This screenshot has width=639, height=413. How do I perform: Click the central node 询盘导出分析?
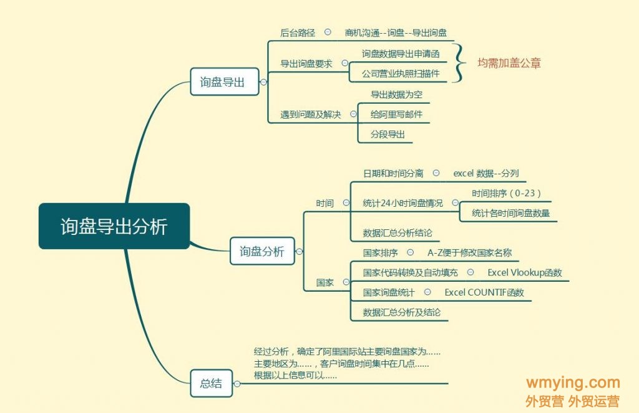point(114,226)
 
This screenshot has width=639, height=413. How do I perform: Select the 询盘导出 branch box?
point(225,82)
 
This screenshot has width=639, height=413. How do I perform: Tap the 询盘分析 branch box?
point(262,252)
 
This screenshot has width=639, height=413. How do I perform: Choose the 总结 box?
point(211,383)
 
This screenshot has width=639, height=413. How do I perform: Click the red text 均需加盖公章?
point(509,63)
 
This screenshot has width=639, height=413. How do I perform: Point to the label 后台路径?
point(298,32)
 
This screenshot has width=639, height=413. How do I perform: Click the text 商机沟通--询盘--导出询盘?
point(396,32)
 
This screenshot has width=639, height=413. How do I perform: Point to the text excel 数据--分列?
point(486,173)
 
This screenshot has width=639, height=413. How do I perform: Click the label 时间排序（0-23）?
point(506,193)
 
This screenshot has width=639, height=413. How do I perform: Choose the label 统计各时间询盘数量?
point(511,213)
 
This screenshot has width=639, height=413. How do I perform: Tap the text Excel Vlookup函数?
point(525,272)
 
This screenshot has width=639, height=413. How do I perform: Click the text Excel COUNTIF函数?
point(484,292)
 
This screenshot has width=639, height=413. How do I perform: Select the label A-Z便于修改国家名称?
point(470,253)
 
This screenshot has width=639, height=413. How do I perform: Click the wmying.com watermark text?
point(573,383)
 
